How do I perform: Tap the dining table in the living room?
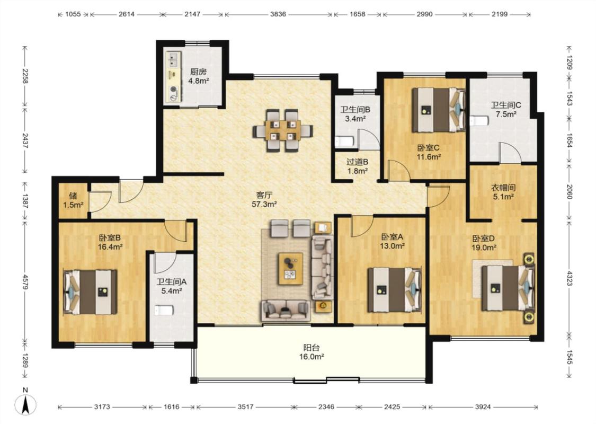tap(283, 130)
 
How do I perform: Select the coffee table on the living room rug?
tap(291, 269)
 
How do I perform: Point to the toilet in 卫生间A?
tap(164, 310)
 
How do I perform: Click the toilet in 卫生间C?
tap(479, 120)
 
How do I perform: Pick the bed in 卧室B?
tap(90, 292)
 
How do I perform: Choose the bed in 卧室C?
tap(439, 110)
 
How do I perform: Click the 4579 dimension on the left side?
tap(25, 282)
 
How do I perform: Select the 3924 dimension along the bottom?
tap(483, 407)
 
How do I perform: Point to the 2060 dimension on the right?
tap(569, 192)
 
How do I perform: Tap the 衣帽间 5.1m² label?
tap(503, 192)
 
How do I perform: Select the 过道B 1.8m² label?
tap(357, 166)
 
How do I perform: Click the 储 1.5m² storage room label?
tap(73, 200)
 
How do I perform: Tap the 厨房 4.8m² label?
tap(199, 76)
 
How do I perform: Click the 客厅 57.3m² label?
tap(264, 200)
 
